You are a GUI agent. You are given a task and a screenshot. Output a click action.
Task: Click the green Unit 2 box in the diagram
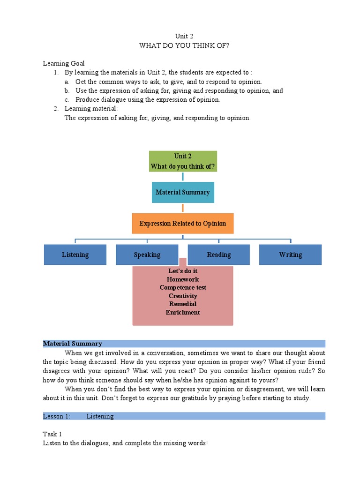(x=183, y=161)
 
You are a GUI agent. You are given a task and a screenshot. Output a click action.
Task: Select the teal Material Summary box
(x=183, y=192)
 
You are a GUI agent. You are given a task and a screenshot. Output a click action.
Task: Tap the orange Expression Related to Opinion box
(x=183, y=224)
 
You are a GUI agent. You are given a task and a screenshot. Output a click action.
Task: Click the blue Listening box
(x=75, y=255)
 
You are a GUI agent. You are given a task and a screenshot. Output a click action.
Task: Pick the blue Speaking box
(x=147, y=255)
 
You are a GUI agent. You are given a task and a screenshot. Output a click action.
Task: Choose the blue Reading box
(x=219, y=255)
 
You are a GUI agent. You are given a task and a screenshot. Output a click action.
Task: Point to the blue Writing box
(x=291, y=255)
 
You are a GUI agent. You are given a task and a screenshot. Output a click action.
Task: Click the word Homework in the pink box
(x=183, y=279)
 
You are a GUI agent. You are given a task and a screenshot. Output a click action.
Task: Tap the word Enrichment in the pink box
(x=183, y=312)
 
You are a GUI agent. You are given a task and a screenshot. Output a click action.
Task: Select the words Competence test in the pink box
(x=183, y=287)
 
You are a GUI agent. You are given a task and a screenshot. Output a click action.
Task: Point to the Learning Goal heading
(x=64, y=63)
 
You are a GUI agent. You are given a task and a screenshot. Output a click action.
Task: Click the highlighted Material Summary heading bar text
(x=73, y=344)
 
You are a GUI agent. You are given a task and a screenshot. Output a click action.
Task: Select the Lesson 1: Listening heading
(x=78, y=416)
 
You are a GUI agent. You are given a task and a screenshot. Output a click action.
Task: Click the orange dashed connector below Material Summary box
(x=183, y=208)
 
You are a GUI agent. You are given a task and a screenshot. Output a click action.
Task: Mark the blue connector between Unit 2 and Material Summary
(x=183, y=177)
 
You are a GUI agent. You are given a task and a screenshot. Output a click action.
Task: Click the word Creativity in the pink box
(x=183, y=296)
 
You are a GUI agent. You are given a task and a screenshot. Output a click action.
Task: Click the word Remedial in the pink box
(x=183, y=304)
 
